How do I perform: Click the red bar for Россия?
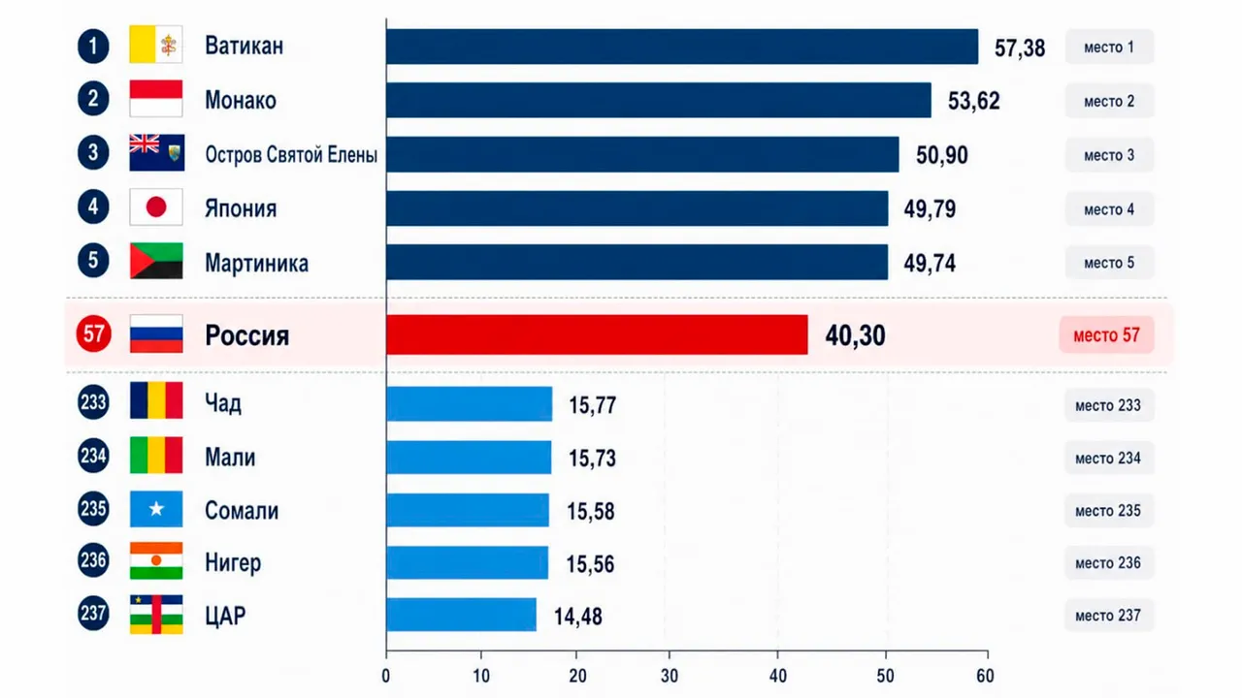[x=597, y=334]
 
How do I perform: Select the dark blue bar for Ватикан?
[x=682, y=47]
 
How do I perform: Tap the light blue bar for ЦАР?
[x=461, y=615]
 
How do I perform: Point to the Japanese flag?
[x=156, y=206]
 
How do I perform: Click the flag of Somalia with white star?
[x=156, y=509]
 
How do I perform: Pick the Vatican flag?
[x=156, y=45]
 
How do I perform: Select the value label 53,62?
[x=973, y=101]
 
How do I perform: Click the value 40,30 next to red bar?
[x=855, y=335]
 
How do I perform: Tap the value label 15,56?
[x=590, y=564]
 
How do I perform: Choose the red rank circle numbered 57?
[x=93, y=333]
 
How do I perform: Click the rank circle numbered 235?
[x=93, y=509]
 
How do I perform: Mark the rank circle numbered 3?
[x=93, y=152]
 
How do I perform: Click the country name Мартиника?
[x=257, y=263]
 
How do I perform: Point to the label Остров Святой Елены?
[x=291, y=154]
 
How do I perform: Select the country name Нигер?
[x=233, y=563]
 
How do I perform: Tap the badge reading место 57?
[x=1107, y=334]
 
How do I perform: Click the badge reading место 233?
[x=1108, y=405]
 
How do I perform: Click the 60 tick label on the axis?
[x=985, y=676]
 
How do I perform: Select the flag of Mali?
[x=156, y=456]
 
